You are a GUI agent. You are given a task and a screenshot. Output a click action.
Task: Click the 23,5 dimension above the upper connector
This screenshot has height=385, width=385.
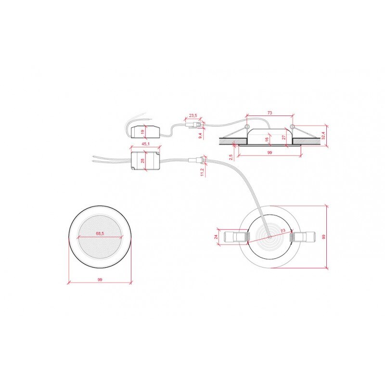193,115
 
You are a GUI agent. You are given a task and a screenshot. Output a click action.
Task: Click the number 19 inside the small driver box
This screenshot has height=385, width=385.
142,131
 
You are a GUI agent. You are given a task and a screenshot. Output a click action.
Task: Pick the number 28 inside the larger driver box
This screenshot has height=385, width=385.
142,160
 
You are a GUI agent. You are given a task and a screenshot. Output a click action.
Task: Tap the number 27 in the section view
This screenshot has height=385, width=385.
284,137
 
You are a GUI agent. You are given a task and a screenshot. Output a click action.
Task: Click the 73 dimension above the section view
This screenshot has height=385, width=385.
269,112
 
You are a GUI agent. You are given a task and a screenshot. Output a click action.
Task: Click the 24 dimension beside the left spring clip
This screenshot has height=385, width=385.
217,236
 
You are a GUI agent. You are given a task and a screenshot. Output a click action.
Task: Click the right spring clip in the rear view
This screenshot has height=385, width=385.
303,237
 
